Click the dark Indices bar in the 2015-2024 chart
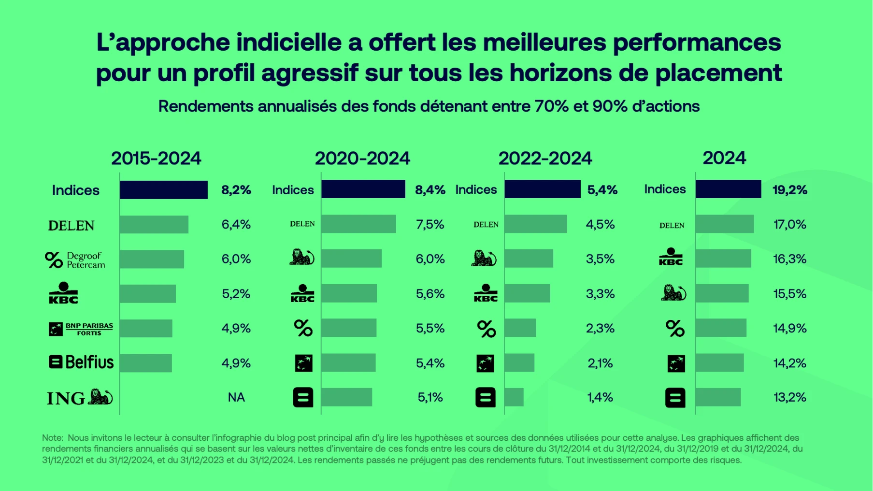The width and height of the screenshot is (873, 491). click(163, 190)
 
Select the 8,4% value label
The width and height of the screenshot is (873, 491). click(430, 190)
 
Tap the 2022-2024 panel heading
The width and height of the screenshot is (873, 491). click(545, 158)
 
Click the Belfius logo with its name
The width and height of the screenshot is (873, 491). click(81, 362)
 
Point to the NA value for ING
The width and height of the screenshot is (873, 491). click(236, 397)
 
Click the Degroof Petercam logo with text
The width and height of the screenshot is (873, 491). click(75, 260)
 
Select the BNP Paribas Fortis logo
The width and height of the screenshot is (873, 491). click(81, 329)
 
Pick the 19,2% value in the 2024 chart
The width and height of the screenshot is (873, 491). click(789, 190)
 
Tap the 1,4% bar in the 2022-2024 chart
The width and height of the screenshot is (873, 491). click(514, 397)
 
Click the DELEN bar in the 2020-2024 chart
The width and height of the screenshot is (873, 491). click(358, 224)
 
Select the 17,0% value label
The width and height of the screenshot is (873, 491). click(789, 225)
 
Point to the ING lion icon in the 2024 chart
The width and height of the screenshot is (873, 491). click(673, 293)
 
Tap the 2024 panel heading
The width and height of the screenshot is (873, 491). click(724, 158)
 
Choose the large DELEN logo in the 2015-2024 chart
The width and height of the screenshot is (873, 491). click(71, 226)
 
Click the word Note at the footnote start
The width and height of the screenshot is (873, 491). click(52, 438)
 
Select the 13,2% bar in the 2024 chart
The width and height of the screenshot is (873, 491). click(718, 397)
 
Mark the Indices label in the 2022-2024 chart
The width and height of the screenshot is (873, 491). click(476, 189)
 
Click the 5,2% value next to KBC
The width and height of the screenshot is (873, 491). click(236, 294)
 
